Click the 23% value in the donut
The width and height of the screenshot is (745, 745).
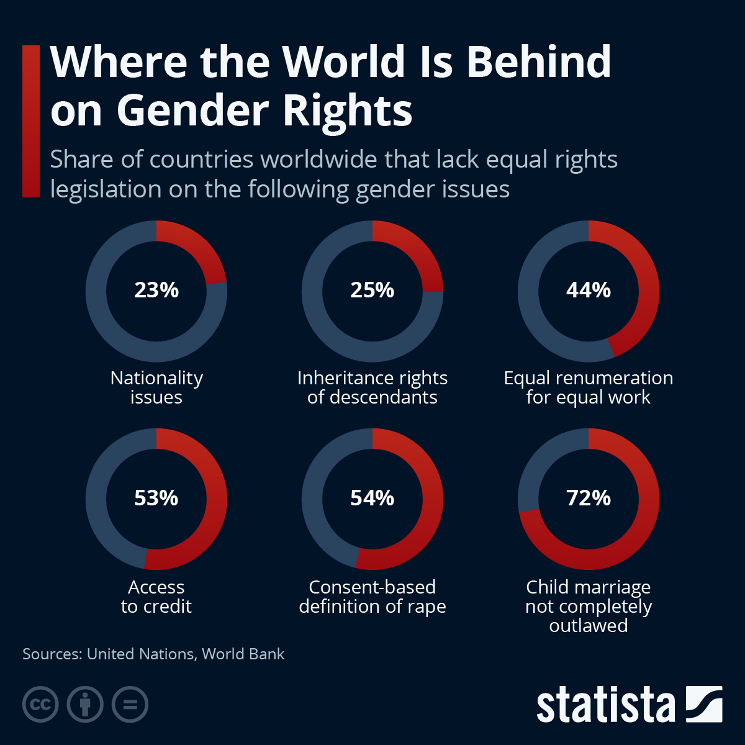click(156, 290)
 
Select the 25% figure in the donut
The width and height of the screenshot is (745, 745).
click(372, 290)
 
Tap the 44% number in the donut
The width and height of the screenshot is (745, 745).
click(589, 290)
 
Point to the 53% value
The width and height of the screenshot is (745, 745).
click(156, 498)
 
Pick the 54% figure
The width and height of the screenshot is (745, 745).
click(372, 498)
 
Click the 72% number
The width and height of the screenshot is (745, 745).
click(589, 498)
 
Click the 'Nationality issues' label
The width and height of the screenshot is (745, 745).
click(156, 387)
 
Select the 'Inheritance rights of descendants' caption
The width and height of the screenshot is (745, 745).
click(372, 387)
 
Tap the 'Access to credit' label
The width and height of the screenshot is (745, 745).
click(156, 596)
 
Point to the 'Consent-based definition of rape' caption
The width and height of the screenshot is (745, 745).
click(372, 596)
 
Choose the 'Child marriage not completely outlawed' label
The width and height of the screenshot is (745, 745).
click(589, 606)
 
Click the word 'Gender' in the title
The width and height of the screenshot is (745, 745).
click(192, 111)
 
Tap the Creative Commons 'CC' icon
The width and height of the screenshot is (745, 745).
click(40, 704)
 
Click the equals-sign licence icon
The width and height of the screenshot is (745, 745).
click(130, 704)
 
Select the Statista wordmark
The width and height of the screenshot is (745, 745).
click(605, 705)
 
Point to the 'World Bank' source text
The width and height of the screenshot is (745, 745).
click(243, 654)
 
